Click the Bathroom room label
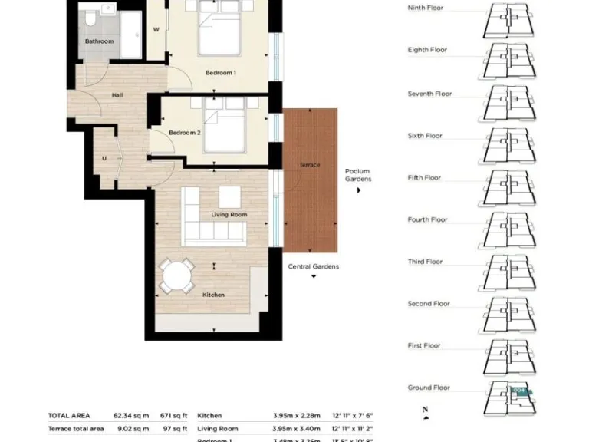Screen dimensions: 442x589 [99, 41]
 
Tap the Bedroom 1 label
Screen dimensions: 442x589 [220, 73]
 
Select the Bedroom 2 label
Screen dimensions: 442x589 [184, 133]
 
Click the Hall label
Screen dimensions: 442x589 [117, 95]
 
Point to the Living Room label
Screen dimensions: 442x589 [229, 215]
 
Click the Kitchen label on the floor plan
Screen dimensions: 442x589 [213, 295]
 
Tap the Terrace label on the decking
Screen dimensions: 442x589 [310, 165]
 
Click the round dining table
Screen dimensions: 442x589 [177, 275]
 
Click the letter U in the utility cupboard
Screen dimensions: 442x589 [104, 159]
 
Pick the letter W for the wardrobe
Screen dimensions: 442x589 [156, 31]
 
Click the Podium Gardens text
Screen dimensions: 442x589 [357, 175]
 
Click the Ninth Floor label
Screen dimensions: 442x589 [426, 8]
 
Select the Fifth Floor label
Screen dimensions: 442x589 [424, 178]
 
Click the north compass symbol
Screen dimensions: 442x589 [425, 413]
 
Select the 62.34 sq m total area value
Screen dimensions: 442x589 [131, 415]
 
